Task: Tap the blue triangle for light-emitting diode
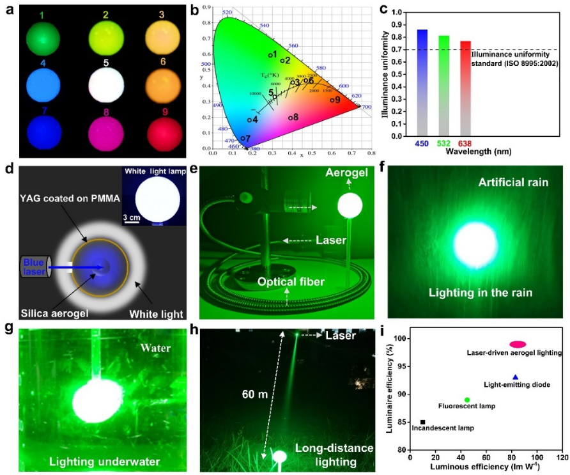pyautogui.click(x=516, y=377)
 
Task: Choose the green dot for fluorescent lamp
pyautogui.click(x=467, y=400)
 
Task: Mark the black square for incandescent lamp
pyautogui.click(x=423, y=422)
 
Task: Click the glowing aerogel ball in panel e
pyautogui.click(x=349, y=206)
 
